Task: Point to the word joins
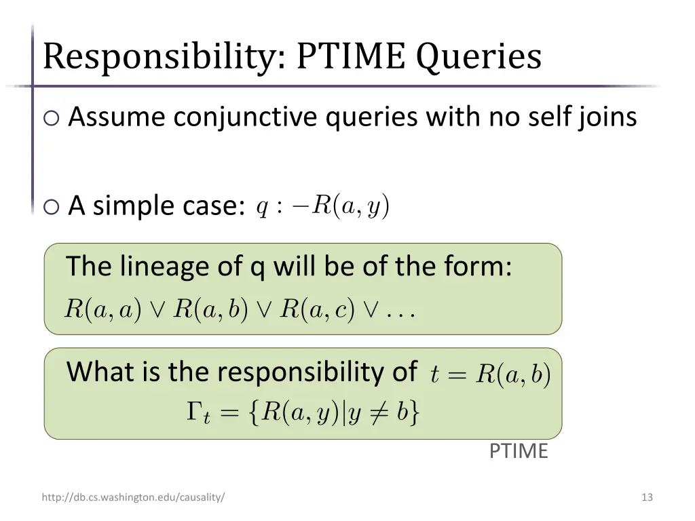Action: click(603, 117)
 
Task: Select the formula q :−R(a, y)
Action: click(323, 206)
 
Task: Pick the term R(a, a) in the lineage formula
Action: click(102, 309)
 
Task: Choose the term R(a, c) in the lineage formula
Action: click(318, 309)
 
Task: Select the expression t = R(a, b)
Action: click(491, 374)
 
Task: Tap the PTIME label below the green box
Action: click(519, 451)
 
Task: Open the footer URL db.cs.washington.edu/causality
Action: click(133, 497)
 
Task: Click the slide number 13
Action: click(647, 497)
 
